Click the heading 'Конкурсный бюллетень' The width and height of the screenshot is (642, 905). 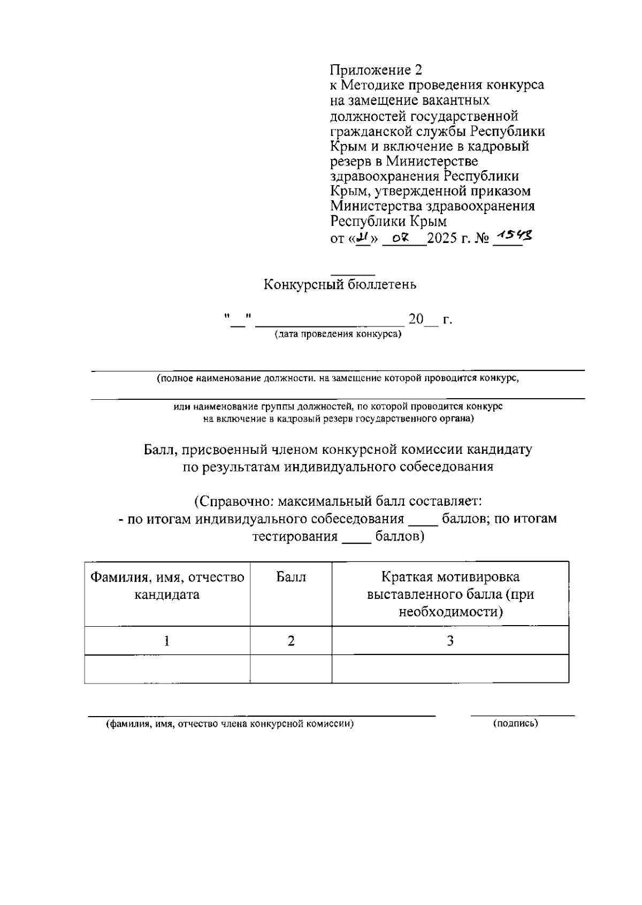[x=340, y=285]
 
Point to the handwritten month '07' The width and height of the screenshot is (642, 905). [x=400, y=238]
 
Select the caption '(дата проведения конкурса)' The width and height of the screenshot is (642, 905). [x=338, y=335]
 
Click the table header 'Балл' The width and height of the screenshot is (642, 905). [x=291, y=577]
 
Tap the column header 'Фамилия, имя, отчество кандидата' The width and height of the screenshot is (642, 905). [x=167, y=585]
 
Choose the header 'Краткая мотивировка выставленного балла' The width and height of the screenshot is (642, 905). [x=450, y=594]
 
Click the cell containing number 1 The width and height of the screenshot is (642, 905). [x=167, y=641]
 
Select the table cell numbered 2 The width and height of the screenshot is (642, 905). [x=291, y=641]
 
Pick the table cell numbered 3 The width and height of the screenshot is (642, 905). [x=450, y=641]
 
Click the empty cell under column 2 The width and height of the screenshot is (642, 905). [x=291, y=668]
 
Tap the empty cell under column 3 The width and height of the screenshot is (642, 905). [x=450, y=668]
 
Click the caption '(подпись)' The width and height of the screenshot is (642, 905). [x=515, y=724]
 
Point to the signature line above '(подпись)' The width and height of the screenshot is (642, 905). [x=522, y=715]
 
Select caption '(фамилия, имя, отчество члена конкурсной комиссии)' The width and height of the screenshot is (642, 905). [x=230, y=724]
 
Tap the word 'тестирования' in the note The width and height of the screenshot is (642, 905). [x=295, y=536]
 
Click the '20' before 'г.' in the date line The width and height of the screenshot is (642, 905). [x=416, y=320]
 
